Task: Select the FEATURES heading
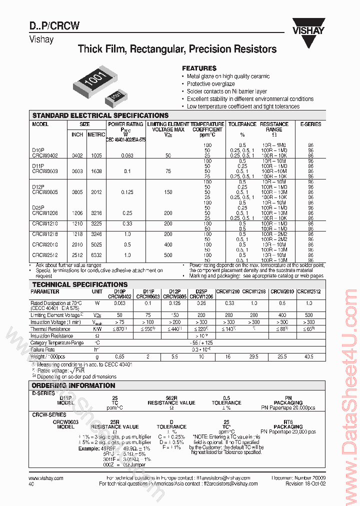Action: coord(199,68)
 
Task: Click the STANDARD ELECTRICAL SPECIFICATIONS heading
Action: coord(100,115)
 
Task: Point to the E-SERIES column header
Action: coord(310,124)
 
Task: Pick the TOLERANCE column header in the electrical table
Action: coord(242,124)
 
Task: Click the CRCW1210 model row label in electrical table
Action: coord(45,223)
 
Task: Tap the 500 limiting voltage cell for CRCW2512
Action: coord(168,255)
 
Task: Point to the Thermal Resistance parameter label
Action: coord(50,329)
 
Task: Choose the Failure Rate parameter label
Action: coord(43,349)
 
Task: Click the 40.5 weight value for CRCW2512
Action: coord(308,356)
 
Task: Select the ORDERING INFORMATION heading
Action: coord(73,385)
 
